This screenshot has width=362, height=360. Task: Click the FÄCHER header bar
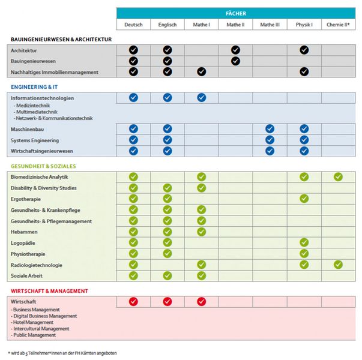pyautogui.click(x=236, y=13)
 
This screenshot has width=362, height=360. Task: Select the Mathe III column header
pyautogui.click(x=270, y=25)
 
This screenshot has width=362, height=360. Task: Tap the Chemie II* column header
pyautogui.click(x=338, y=25)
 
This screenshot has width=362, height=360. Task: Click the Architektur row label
pyautogui.click(x=25, y=50)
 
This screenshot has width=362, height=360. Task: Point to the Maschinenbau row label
pyautogui.click(x=28, y=128)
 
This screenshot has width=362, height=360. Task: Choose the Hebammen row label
pyautogui.click(x=23, y=232)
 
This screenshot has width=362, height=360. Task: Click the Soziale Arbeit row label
pyautogui.click(x=28, y=275)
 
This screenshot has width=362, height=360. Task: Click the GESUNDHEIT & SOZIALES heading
pyautogui.click(x=43, y=166)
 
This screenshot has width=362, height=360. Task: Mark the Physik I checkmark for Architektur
pyautogui.click(x=304, y=50)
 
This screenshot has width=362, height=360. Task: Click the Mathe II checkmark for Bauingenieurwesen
pyautogui.click(x=235, y=61)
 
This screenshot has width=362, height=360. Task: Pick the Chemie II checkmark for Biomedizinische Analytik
pyautogui.click(x=338, y=177)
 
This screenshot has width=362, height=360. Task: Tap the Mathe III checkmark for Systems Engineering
pyautogui.click(x=270, y=140)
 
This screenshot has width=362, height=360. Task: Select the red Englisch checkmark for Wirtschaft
pyautogui.click(x=167, y=301)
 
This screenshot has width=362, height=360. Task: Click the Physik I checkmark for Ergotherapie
pyautogui.click(x=304, y=199)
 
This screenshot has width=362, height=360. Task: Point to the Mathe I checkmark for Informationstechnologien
pyautogui.click(x=201, y=97)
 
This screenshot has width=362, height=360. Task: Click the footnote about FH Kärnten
pyautogui.click(x=62, y=353)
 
